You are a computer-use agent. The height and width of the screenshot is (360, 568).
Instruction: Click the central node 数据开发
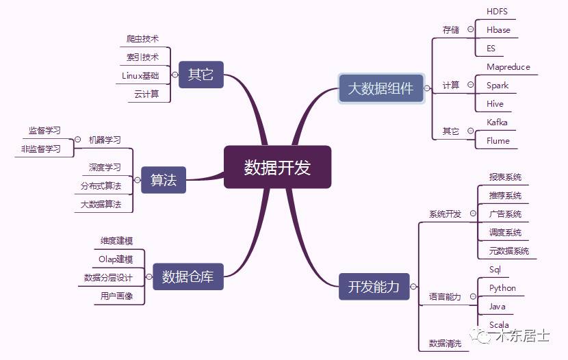pos(277,166)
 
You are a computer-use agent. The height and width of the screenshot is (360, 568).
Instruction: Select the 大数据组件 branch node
pos(380,88)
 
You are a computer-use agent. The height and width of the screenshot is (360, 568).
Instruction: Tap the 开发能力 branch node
pos(374,286)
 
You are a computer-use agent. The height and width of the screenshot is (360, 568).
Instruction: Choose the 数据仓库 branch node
pos(188,277)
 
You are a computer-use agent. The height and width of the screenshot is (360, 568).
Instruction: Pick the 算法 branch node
pos(164,179)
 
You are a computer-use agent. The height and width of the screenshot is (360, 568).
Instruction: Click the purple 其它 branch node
pos(201,74)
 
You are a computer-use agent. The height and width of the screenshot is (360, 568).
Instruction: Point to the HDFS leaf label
pos(497,12)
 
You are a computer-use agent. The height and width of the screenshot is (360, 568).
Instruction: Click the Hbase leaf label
pos(498,30)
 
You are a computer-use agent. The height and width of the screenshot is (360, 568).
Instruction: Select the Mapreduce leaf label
pos(508,67)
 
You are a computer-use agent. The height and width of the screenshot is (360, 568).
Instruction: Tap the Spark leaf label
pos(498,86)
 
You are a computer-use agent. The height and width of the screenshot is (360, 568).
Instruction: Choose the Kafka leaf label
pos(497,122)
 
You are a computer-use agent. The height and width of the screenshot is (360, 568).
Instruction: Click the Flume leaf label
pos(498,140)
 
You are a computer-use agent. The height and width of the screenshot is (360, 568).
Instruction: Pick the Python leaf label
pos(502,288)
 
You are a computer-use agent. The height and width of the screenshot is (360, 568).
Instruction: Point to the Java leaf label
pos(498,307)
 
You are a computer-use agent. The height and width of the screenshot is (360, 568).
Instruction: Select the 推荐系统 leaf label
pos(505,196)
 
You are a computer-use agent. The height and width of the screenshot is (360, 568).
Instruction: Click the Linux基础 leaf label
pos(140,75)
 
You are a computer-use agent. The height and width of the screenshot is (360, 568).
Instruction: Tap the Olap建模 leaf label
pos(116,259)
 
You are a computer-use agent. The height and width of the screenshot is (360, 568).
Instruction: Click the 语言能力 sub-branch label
pos(445,297)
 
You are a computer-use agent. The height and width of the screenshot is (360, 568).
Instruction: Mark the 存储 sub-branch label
pos(450,29)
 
